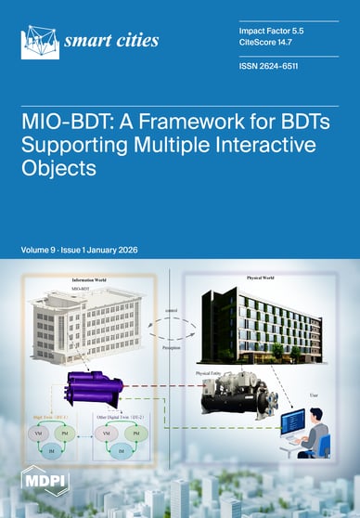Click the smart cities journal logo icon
[x=39, y=41]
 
